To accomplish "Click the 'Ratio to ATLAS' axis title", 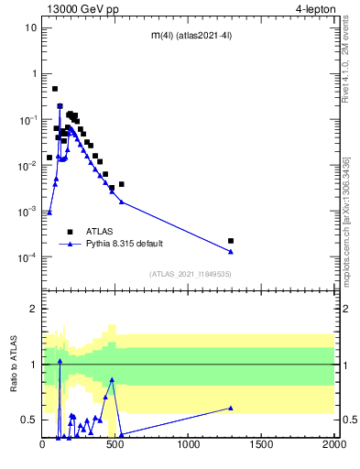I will click(x=13, y=364).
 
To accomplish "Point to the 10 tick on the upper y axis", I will click(x=30, y=27).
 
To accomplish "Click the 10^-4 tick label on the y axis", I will click(x=27, y=257).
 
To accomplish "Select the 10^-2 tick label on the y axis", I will click(x=27, y=166).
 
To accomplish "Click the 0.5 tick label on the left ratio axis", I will click(x=28, y=420).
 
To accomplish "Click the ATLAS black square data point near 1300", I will click(x=231, y=241).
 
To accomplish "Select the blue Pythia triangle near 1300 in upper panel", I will click(x=231, y=251).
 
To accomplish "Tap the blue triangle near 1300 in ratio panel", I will click(x=231, y=408).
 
